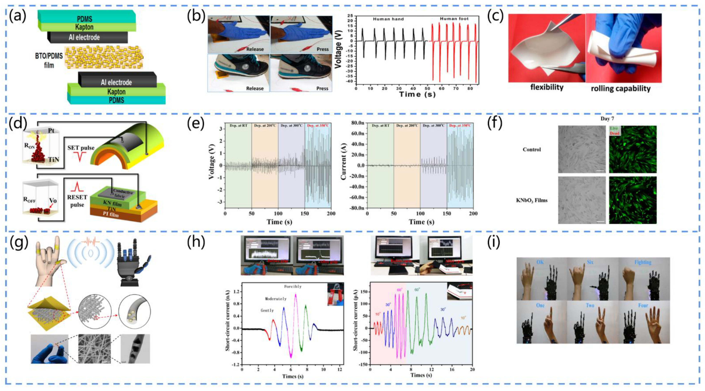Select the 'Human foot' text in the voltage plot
454,19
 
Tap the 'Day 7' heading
607,119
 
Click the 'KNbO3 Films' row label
532,200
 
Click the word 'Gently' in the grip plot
267,310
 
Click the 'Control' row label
532,150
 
